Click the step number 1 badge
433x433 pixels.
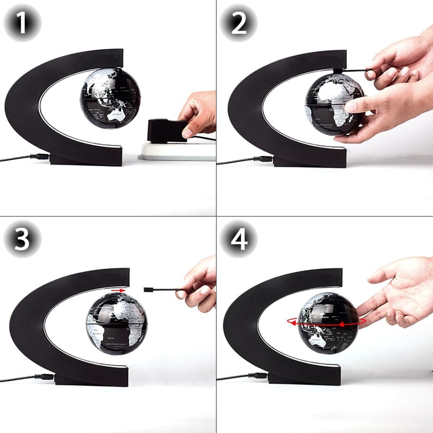click(22, 23)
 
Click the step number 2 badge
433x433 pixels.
click(239, 23)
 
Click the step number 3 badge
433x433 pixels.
click(22, 239)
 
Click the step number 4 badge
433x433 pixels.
click(239, 239)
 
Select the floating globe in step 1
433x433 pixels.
click(110, 98)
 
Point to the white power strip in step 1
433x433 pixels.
click(178, 152)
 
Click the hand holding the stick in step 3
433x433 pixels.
click(199, 286)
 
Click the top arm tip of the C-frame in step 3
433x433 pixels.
click(123, 277)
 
